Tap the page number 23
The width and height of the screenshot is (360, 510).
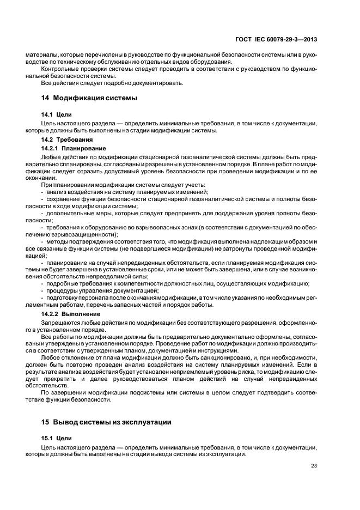[314, 465]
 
